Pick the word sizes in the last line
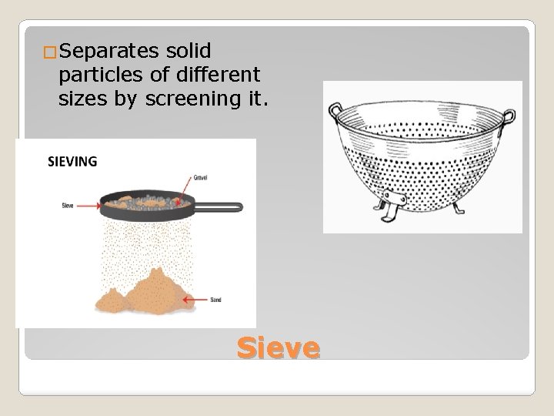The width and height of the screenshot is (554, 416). [81, 99]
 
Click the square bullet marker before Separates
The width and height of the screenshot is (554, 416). [51, 53]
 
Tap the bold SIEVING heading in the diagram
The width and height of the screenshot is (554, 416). [73, 162]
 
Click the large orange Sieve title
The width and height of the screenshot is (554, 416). [278, 347]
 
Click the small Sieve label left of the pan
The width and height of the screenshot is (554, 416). [68, 206]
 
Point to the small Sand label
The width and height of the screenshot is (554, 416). [215, 299]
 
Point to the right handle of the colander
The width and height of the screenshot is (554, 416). [508, 116]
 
